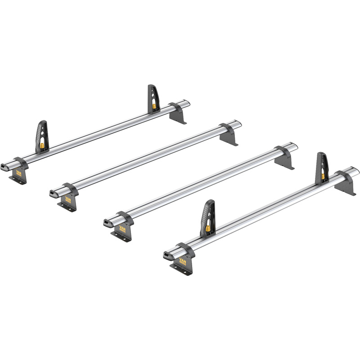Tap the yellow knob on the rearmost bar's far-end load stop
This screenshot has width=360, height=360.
(x=154, y=107)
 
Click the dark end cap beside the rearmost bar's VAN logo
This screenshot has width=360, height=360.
(x=5, y=167)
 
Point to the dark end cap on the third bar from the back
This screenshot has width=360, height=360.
(x=108, y=223)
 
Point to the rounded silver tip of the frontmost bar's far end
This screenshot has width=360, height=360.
(x=355, y=171)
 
